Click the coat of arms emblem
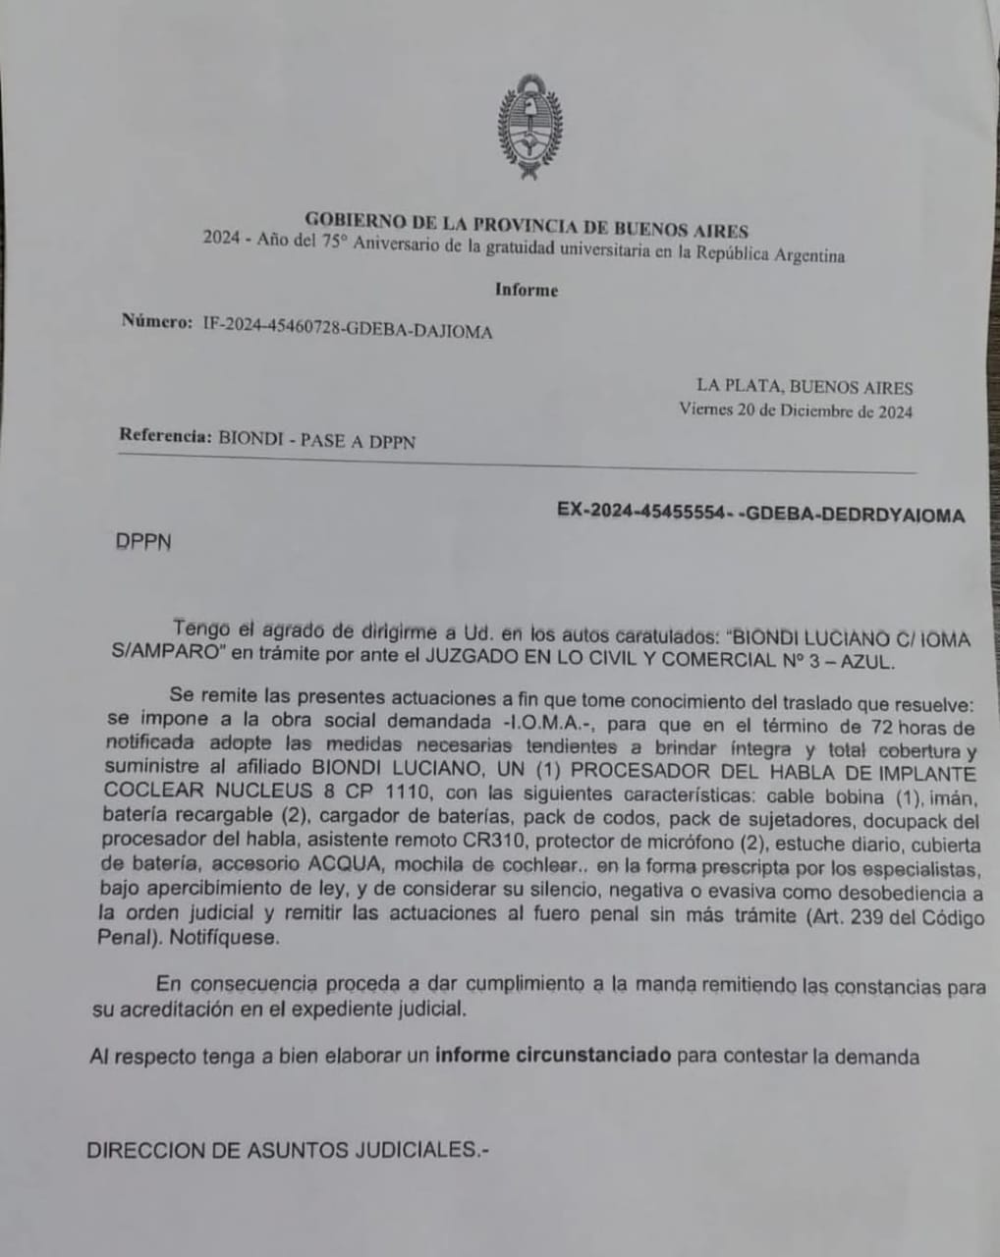click(530, 126)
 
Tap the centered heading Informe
click(527, 291)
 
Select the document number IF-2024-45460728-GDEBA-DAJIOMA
click(348, 330)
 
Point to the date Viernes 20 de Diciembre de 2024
click(796, 411)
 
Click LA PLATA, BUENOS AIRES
click(805, 387)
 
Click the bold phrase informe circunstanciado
click(553, 1056)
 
